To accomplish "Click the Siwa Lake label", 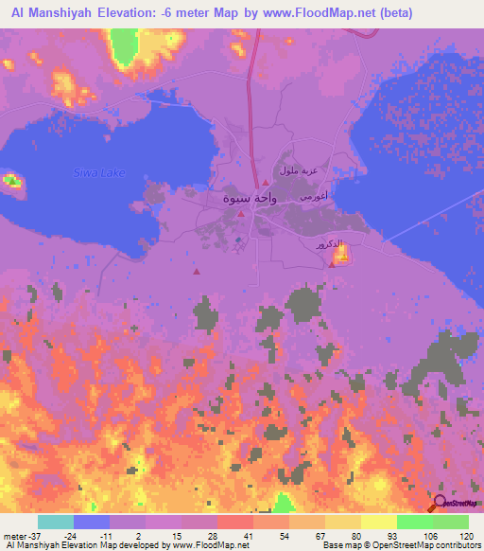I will pos(99,172).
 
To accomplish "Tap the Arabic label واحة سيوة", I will pos(224,199).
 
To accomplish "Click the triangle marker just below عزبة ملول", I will pos(266,183).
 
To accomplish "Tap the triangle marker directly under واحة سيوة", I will pos(241,214).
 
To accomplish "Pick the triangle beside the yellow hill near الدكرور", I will pos(332,264).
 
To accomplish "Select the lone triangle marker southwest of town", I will pos(196,272).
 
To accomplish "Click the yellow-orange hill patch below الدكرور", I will pos(340,253).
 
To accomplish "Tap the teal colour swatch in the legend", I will pos(56,522).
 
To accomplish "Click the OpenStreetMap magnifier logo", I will pos(441,504).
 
